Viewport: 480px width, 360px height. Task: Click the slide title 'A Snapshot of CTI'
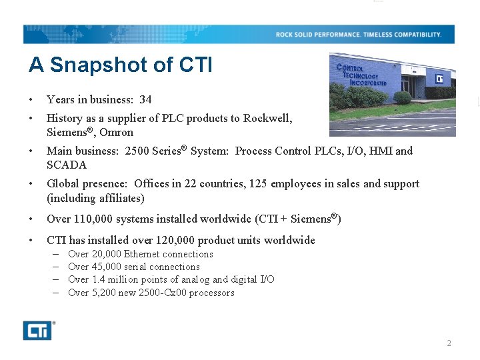(x=120, y=65)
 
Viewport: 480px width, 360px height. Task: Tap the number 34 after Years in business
(x=145, y=99)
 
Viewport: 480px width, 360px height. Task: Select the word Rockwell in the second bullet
(x=267, y=118)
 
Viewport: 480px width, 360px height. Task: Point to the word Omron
(x=117, y=132)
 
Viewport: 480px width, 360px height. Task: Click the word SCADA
(x=67, y=165)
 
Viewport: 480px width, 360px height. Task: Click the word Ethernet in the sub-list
(x=142, y=254)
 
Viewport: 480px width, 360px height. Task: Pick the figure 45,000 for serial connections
(x=107, y=267)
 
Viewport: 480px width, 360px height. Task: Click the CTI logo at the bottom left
(x=37, y=330)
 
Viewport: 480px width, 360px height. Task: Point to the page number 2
(x=449, y=343)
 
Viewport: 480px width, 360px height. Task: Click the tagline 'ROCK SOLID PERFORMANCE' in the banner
(x=318, y=35)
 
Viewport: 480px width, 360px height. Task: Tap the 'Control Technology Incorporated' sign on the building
(x=361, y=75)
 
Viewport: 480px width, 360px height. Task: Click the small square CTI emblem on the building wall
(x=439, y=79)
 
